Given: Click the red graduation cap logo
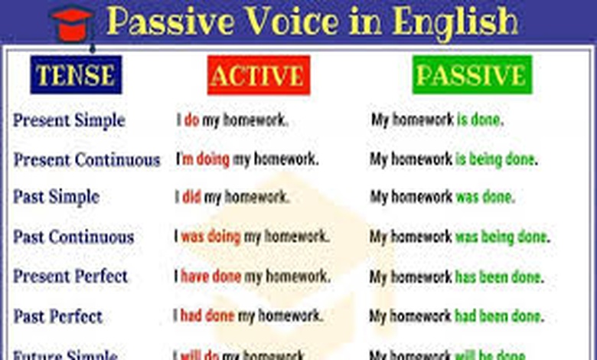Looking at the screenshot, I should pyautogui.click(x=72, y=22).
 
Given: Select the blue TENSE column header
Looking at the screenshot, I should pyautogui.click(x=76, y=75).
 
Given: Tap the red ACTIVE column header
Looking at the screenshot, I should pyautogui.click(x=257, y=75).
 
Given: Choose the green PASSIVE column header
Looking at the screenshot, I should pyautogui.click(x=471, y=75).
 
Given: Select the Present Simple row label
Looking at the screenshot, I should pyautogui.click(x=69, y=120).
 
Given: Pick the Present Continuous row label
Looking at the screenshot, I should pyautogui.click(x=86, y=160).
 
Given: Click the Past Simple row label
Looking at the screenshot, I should pyautogui.click(x=56, y=197).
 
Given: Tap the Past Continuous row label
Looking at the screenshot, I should pyautogui.click(x=73, y=237).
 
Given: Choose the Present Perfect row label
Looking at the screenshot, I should pyautogui.click(x=70, y=276).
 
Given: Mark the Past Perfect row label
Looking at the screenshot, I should pyautogui.click(x=57, y=316).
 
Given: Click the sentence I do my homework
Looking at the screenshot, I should pyautogui.click(x=233, y=120).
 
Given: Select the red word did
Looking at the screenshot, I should pyautogui.click(x=191, y=197).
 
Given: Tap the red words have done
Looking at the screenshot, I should pyautogui.click(x=210, y=276).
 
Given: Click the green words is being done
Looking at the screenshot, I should pyautogui.click(x=494, y=160).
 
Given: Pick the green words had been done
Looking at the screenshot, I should pyautogui.click(x=497, y=316).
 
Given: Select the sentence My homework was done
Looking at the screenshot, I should pyautogui.click(x=442, y=197).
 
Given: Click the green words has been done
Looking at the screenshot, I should pyautogui.click(x=497, y=276).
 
